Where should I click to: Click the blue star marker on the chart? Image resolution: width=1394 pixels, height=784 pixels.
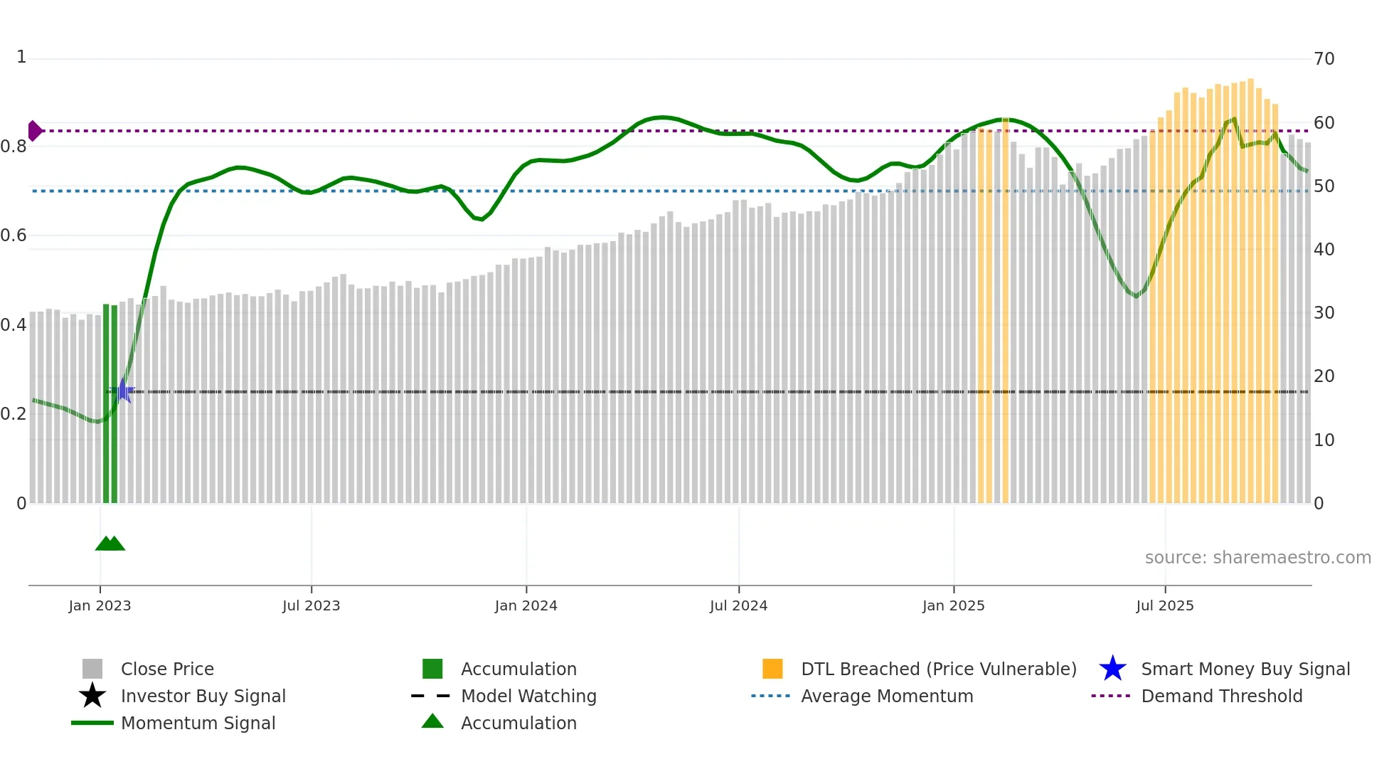124,391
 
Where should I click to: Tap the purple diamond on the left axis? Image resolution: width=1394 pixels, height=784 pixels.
34,131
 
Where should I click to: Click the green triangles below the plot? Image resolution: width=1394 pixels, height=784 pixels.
110,544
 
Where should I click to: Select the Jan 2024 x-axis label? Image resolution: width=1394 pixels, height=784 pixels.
526,605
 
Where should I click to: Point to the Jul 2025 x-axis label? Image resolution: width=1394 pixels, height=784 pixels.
1164,605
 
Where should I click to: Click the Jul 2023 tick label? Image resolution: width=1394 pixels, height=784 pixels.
311,605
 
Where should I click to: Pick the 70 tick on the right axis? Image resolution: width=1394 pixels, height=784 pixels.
1324,59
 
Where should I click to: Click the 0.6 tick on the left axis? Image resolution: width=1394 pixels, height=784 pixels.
14,235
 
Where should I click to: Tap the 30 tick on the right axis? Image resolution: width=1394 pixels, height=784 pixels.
1324,313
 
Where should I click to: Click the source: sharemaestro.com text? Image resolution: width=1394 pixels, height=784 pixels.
1257,558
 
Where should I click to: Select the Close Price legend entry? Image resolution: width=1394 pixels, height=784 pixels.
167,669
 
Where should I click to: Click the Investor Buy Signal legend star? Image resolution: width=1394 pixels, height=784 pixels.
92,696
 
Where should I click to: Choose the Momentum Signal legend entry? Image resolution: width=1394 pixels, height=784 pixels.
198,723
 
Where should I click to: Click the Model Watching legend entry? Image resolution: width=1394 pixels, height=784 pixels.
528,696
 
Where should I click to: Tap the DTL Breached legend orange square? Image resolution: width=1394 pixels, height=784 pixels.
772,669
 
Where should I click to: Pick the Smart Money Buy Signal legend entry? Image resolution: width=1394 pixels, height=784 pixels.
1245,669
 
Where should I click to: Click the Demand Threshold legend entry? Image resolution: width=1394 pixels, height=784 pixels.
1221,696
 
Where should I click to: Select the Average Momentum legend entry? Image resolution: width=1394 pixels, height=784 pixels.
886,696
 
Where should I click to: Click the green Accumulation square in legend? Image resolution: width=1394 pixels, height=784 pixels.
432,669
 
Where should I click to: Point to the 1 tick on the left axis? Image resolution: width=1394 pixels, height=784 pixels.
21,57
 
